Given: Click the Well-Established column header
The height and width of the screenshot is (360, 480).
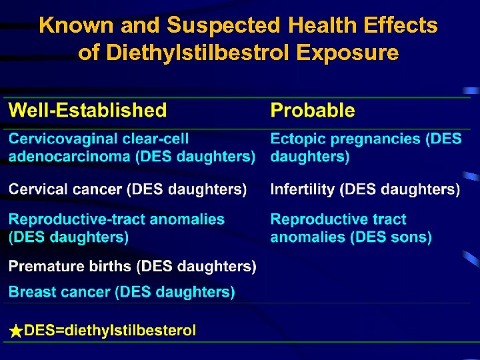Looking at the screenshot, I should pos(87,111).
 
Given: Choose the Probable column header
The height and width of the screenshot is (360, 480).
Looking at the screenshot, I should pos(313,111).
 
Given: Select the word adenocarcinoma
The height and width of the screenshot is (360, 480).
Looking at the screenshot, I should pos(65,157).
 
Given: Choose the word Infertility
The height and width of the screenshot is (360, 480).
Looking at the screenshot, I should pos(303,190).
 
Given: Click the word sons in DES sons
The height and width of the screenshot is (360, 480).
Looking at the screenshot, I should pos(416,237).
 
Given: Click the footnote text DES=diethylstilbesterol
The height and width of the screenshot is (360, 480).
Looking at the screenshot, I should pos(110,331).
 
